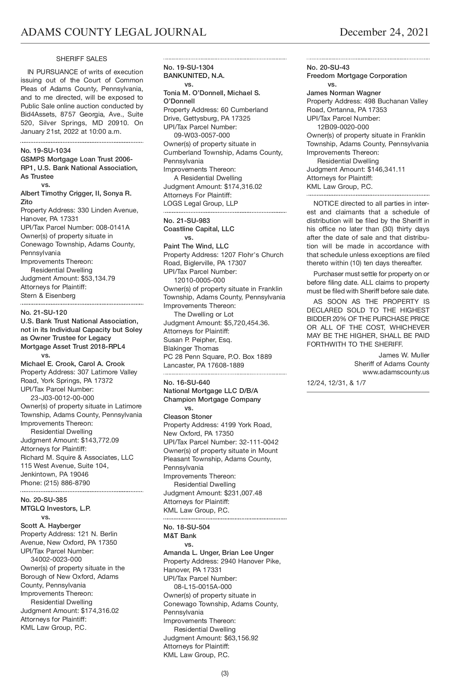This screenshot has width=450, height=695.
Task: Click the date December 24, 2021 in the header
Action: [x=384, y=32]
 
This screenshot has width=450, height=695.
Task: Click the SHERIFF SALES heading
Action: [x=81, y=59]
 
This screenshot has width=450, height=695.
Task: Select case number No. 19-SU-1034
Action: [x=45, y=151]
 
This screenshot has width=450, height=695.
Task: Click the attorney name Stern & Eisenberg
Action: [x=48, y=296]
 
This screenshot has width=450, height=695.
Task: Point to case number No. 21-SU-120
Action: [x=43, y=312]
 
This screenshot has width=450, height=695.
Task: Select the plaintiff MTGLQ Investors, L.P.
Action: [x=55, y=508]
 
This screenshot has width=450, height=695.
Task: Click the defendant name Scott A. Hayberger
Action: [x=51, y=526]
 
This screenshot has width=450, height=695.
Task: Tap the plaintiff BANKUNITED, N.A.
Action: [x=194, y=76]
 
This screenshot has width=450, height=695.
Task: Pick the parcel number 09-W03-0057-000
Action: [x=202, y=135]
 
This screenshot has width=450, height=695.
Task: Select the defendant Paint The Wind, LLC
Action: [x=196, y=246]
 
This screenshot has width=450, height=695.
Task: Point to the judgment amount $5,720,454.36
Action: [x=247, y=323]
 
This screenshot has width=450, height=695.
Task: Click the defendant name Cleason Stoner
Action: [x=187, y=417]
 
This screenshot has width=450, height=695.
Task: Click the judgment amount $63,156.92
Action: [x=241, y=638]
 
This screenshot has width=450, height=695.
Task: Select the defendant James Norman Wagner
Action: [x=343, y=93]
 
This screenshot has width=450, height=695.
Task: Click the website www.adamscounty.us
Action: [x=396, y=372]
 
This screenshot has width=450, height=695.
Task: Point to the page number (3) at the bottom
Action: [x=225, y=673]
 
